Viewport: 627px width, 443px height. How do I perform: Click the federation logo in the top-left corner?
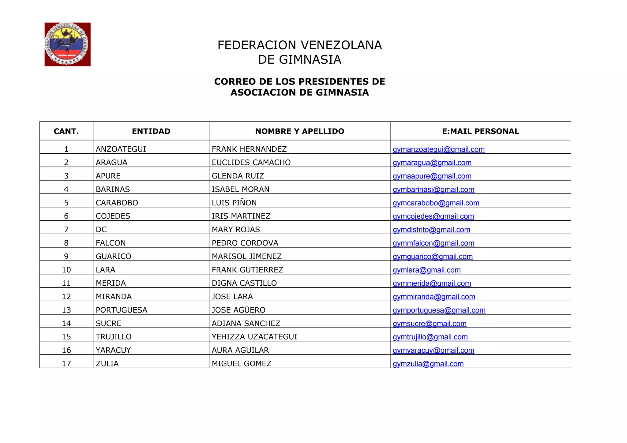(67, 44)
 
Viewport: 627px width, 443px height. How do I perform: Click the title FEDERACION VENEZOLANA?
(299, 45)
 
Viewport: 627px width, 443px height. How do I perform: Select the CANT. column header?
(66, 131)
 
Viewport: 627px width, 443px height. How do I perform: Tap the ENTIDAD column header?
(151, 131)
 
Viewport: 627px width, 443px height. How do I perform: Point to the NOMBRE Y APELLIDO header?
(299, 131)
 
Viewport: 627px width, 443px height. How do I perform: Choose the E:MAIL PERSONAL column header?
(480, 131)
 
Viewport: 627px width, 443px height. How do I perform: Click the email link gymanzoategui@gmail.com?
(438, 149)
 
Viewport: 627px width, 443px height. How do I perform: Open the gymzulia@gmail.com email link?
(428, 364)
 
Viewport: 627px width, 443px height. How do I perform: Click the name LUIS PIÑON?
(234, 203)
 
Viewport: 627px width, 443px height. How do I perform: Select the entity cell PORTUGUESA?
(122, 310)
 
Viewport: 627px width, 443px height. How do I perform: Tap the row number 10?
(66, 270)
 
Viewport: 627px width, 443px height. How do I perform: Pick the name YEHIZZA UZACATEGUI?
(254, 337)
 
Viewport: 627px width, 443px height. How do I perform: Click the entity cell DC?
(101, 230)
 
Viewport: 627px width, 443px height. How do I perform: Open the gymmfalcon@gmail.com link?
(433, 243)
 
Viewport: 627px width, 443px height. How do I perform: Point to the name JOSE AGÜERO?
(238, 310)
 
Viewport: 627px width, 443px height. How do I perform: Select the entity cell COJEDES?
(113, 216)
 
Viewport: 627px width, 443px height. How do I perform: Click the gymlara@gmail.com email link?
(426, 270)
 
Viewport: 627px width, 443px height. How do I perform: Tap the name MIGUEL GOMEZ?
(242, 364)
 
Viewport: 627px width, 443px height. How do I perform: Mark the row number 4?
(66, 190)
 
